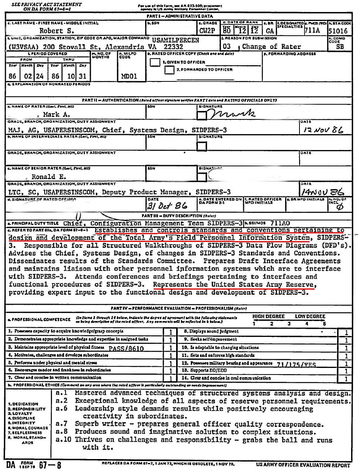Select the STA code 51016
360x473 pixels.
337,31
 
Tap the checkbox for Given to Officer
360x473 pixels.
155,62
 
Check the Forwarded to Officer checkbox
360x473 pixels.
169,70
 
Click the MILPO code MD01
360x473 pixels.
129,76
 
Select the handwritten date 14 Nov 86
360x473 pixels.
322,192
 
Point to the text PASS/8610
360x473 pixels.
126,349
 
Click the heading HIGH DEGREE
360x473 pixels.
268,316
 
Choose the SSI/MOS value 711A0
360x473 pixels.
280,223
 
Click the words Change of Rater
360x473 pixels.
272,47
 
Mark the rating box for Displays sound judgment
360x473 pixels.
346,332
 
